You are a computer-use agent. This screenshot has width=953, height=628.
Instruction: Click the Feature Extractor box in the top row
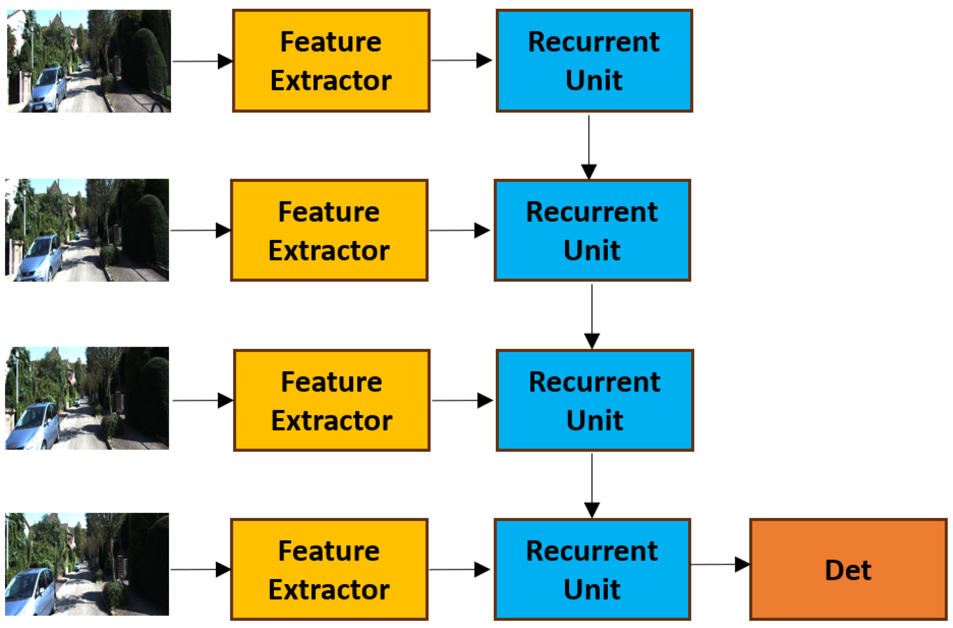(331, 61)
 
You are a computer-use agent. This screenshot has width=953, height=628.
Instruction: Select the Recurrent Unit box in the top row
(594, 61)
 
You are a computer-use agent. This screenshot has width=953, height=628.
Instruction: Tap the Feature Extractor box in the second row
(329, 230)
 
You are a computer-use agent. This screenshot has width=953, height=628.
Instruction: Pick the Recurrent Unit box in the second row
(592, 230)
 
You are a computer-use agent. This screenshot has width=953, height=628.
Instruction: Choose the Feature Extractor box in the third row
(331, 401)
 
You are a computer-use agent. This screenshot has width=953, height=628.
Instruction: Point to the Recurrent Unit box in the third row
(594, 401)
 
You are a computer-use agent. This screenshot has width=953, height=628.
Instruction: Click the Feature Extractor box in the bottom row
(329, 569)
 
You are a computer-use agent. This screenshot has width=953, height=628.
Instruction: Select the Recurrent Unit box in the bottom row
(592, 569)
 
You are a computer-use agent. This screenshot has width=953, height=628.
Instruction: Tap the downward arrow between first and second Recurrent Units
(589, 146)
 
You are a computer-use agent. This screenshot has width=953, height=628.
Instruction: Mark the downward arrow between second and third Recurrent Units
(591, 316)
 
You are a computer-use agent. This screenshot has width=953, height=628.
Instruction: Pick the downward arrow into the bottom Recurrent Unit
(591, 485)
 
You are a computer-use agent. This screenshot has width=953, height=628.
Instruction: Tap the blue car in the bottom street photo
(31, 592)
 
